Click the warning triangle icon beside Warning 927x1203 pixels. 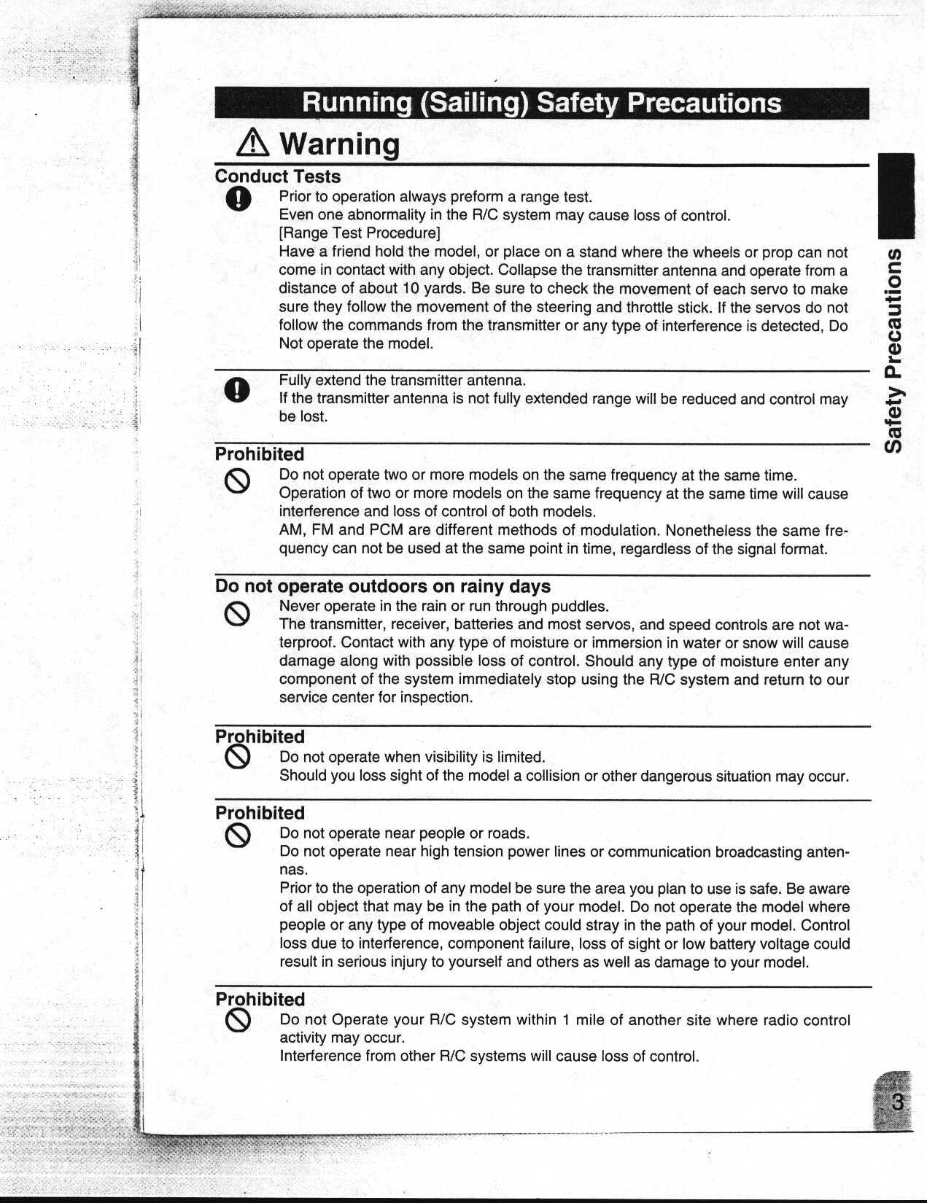pos(253,143)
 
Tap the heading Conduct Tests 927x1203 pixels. pos(277,176)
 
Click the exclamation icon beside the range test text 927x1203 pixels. pos(238,198)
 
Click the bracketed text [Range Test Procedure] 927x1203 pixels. pos(360,233)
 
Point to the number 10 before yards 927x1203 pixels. pos(411,289)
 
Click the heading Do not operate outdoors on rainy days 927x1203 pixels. pos(382,586)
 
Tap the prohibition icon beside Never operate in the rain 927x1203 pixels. pos(238,615)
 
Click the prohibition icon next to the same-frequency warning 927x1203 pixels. pos(238,481)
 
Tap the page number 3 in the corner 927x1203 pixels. pos(897,1102)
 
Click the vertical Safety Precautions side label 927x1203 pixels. pos(896,350)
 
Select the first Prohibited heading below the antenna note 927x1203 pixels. pos(260,454)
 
